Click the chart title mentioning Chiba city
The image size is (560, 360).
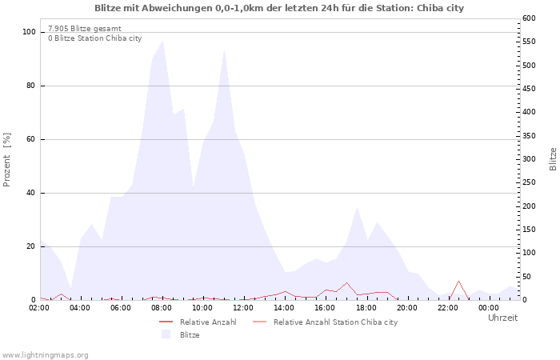coord(279,8)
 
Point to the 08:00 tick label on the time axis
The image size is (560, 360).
coord(162,308)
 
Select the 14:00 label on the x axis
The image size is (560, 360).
coord(284,308)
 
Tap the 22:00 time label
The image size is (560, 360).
coord(448,308)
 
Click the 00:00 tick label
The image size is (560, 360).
coord(489,308)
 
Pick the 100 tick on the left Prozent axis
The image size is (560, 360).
coord(29,32)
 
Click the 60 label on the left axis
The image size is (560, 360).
coord(30,139)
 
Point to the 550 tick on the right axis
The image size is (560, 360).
coord(530,42)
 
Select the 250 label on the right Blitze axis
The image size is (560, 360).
coord(530,182)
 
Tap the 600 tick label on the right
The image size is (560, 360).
coord(530,18)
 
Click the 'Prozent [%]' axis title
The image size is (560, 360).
coord(6,160)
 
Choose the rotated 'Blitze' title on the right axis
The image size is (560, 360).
coord(553,159)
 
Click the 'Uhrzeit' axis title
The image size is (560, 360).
coord(502,318)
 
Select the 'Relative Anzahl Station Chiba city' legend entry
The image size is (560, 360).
coord(325,322)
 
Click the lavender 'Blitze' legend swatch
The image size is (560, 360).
coord(166,334)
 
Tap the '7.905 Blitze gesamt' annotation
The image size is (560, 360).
coord(85,29)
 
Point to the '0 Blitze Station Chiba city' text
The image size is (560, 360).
coord(95,38)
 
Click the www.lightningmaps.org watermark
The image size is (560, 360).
coord(45,355)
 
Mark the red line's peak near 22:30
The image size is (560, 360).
coord(458,281)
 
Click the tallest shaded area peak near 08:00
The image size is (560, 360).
coord(163,40)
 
